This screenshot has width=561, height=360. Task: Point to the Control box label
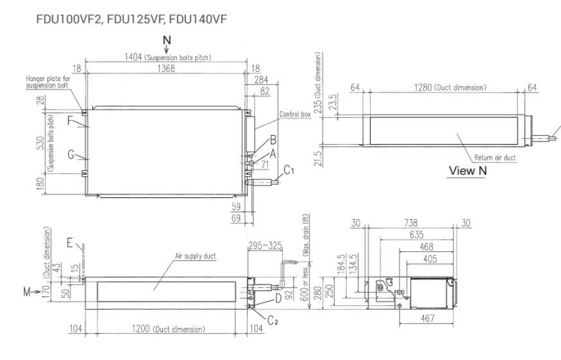(x=295, y=114)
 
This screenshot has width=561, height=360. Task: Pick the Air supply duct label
(x=195, y=256)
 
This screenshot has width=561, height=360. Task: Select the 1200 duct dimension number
(x=141, y=329)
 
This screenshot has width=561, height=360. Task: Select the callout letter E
(x=69, y=244)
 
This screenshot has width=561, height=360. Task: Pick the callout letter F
(x=70, y=120)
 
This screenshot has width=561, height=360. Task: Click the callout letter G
(x=70, y=155)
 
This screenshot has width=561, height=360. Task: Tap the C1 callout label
(x=290, y=170)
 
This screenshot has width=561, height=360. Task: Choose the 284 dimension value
(x=261, y=80)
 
